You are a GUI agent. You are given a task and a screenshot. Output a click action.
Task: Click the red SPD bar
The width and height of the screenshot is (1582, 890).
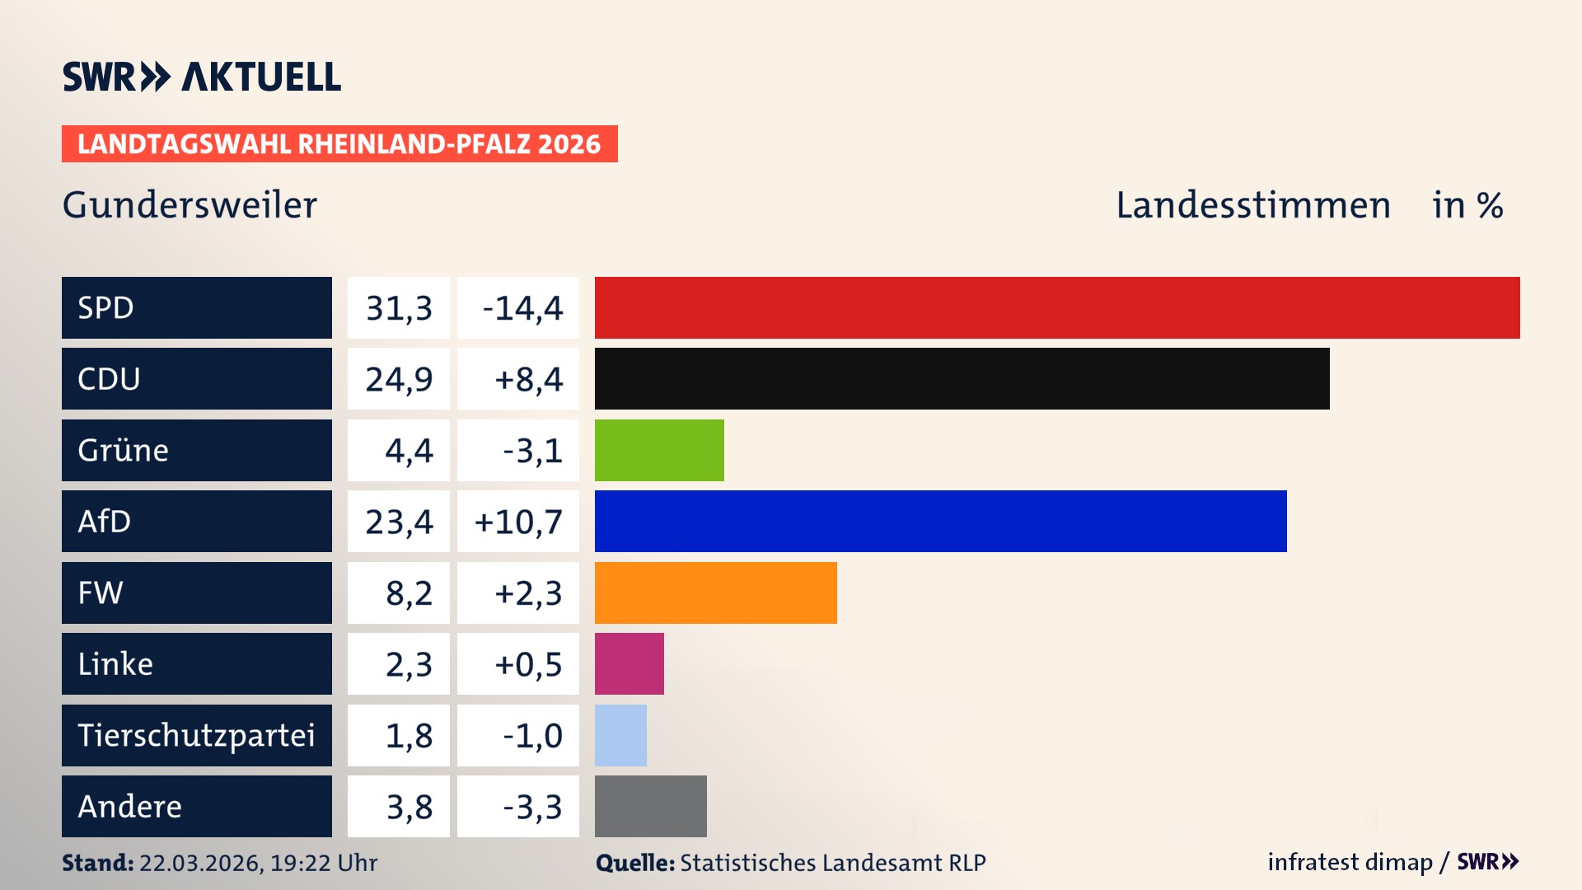coord(1057,307)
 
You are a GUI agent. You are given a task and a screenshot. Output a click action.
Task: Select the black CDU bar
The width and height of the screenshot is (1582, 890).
coord(962,378)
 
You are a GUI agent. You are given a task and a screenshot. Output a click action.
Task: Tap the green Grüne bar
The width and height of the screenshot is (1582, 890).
coord(659,450)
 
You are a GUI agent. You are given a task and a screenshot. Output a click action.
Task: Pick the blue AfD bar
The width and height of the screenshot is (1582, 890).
coord(940,521)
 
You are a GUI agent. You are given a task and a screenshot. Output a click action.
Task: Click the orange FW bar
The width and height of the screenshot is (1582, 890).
coord(715,593)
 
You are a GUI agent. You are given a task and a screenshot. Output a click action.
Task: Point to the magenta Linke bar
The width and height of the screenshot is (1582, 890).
coord(629,663)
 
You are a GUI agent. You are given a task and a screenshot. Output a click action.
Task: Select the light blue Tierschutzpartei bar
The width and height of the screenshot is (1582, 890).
coord(620,735)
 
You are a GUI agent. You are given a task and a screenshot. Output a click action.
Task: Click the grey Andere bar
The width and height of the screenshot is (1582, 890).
coord(650,806)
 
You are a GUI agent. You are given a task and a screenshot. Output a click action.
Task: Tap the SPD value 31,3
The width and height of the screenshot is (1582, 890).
coord(399,308)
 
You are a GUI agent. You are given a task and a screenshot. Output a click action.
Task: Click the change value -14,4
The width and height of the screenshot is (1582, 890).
coord(522,308)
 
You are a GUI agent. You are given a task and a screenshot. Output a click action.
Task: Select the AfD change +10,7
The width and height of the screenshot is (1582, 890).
coord(518,522)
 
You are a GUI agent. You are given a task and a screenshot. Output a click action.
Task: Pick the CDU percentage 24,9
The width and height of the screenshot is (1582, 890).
coord(399,379)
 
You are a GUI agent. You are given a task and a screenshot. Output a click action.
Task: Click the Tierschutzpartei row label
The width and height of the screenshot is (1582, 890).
coord(196,735)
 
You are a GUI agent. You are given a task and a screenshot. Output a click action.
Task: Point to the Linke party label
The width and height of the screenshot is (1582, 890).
coord(115,663)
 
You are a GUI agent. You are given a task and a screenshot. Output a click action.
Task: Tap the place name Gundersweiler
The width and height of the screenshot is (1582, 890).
coord(190,205)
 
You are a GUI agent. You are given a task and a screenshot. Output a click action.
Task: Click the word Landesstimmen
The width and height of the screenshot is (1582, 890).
coord(1252,205)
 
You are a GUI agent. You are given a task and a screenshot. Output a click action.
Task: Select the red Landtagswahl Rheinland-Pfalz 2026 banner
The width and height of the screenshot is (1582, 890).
coord(339,144)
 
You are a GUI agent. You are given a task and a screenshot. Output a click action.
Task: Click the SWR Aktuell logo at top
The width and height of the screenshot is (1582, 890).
coord(202,77)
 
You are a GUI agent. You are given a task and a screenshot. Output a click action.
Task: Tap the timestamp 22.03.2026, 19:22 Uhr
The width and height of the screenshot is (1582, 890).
coord(257,863)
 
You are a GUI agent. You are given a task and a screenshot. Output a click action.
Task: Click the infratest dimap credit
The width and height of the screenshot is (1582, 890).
coord(1349,862)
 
